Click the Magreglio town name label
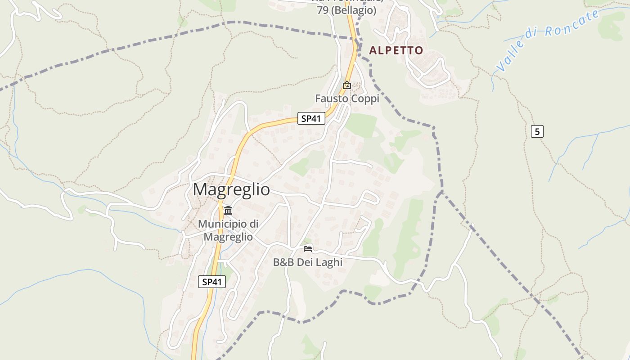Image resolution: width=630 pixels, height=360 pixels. coord(231,189)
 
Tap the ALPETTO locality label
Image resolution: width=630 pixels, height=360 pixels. coord(396,50)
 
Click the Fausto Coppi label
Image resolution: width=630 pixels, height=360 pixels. coord(347,98)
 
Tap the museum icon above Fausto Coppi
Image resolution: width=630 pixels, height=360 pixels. coord(347,85)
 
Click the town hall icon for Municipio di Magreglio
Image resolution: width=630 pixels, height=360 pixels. coord(228,210)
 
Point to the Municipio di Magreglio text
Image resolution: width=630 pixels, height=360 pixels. coord(228,230)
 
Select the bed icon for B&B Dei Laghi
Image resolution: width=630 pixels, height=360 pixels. coord(308,248)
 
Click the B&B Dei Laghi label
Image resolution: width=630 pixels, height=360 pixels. coord(308,262)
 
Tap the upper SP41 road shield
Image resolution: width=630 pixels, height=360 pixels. coord(311,119)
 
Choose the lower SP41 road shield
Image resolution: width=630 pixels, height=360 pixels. coord(212,282)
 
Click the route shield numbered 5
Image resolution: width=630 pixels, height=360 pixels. coord(537,132)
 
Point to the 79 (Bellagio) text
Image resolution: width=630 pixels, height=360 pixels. coord(346,10)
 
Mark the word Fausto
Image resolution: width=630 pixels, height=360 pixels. coord(332,98)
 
